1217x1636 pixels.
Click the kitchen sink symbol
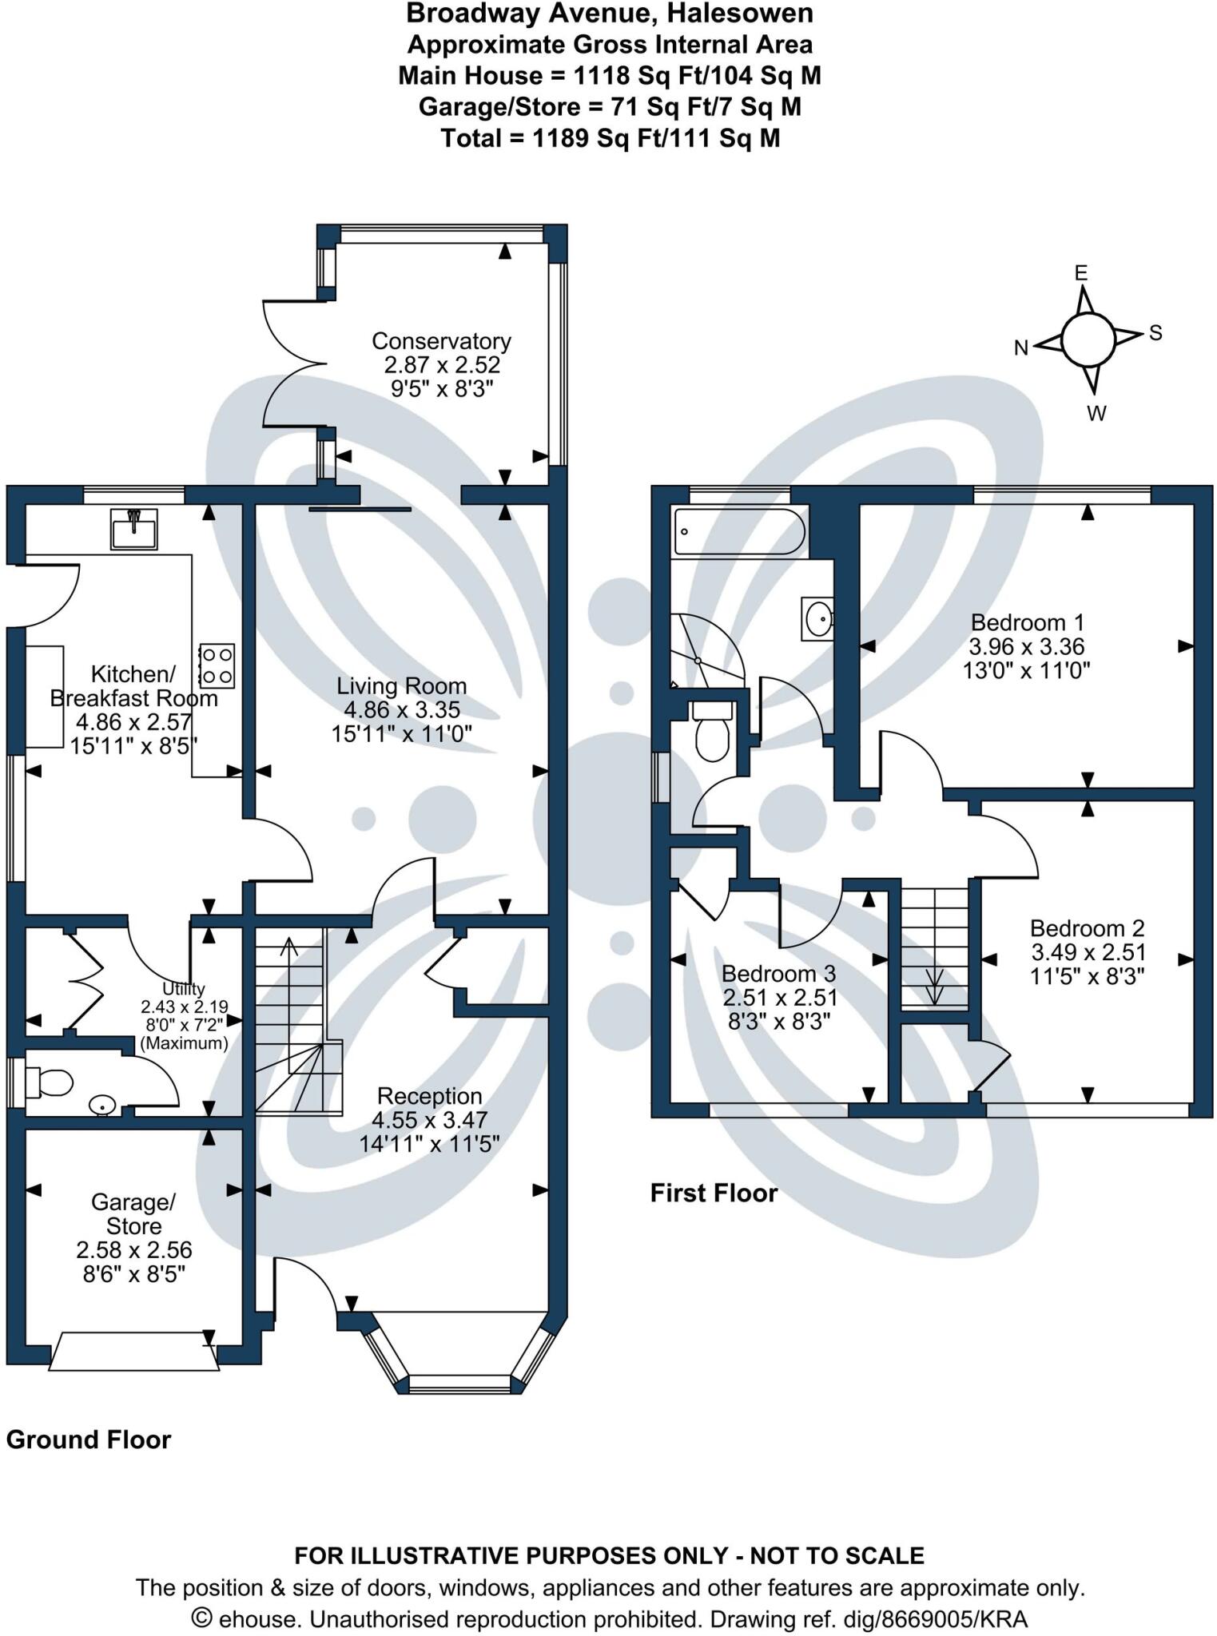(x=134, y=529)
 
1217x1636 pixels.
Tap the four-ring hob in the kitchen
(x=217, y=665)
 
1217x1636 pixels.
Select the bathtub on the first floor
(x=738, y=532)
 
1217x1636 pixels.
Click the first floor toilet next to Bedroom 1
(x=712, y=731)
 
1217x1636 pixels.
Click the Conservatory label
(x=441, y=341)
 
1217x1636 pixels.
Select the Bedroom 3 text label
(x=778, y=974)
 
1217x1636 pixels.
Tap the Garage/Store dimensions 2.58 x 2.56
(x=134, y=1250)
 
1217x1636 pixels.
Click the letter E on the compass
(x=1080, y=273)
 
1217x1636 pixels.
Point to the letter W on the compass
(x=1096, y=414)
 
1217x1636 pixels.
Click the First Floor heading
(x=714, y=1193)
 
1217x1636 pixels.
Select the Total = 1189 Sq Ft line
(x=610, y=139)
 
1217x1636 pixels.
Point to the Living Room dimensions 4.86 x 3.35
(x=401, y=710)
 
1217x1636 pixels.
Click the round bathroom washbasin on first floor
(x=818, y=618)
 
